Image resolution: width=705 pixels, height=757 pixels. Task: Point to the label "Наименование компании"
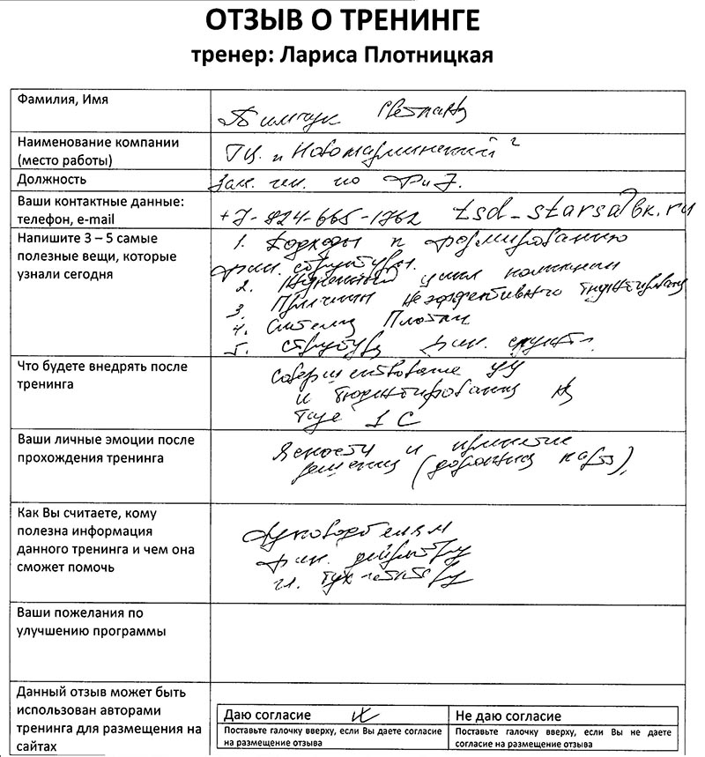[98, 142]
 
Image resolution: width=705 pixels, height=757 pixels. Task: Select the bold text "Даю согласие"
[268, 716]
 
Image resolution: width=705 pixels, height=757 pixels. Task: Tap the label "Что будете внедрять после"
[102, 367]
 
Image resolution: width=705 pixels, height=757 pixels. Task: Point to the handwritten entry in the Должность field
[344, 183]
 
